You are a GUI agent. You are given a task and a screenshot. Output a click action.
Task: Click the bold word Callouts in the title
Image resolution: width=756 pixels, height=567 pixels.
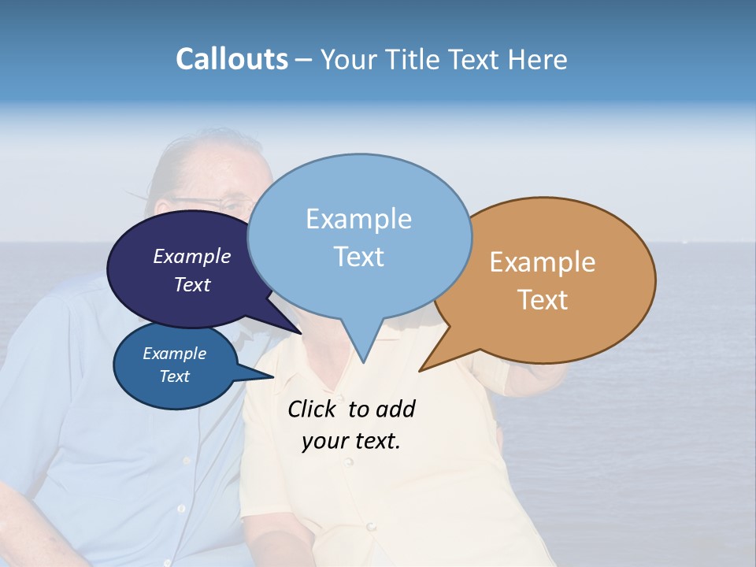(232, 59)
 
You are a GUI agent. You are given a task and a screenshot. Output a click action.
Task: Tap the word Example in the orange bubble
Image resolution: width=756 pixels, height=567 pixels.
(543, 262)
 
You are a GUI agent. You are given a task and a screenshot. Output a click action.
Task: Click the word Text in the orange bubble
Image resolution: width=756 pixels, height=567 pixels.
(543, 300)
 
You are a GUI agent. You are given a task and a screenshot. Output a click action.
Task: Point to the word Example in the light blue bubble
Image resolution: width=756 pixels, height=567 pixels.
(358, 219)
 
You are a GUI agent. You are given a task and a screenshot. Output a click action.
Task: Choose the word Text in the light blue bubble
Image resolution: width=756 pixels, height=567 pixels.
(358, 257)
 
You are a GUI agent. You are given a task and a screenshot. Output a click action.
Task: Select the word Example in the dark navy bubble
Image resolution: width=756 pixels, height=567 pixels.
(192, 256)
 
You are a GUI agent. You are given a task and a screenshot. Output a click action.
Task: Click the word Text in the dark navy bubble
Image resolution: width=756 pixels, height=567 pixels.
(192, 284)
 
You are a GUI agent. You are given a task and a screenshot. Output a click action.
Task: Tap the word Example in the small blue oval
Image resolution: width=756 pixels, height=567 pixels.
(175, 354)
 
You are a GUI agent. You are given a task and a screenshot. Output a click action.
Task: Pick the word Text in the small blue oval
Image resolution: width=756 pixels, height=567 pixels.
(175, 376)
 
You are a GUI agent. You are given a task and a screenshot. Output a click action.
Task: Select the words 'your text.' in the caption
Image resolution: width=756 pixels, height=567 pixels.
(351, 441)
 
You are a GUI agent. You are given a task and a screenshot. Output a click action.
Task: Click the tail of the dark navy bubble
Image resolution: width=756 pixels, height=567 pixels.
(295, 329)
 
